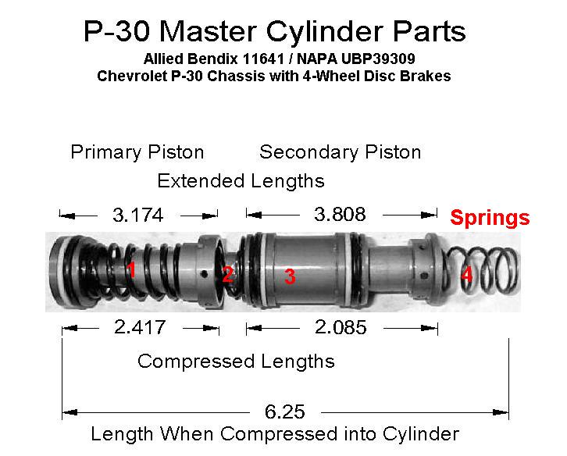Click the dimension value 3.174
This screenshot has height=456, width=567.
pyautogui.click(x=137, y=216)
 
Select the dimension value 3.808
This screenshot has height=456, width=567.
pyautogui.click(x=340, y=214)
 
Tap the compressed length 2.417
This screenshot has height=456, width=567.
pyautogui.click(x=140, y=327)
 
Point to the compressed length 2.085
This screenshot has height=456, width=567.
pyautogui.click(x=341, y=327)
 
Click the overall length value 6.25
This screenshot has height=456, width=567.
pyautogui.click(x=285, y=411)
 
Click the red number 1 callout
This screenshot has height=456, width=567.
pyautogui.click(x=131, y=269)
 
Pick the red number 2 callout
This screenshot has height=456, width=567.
pyautogui.click(x=227, y=275)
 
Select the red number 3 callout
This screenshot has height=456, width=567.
pyautogui.click(x=290, y=276)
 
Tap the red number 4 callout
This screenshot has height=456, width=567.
pyautogui.click(x=467, y=275)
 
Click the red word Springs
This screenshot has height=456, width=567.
pyautogui.click(x=490, y=218)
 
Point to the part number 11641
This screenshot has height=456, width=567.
pyautogui.click(x=263, y=59)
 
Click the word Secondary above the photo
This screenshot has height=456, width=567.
pyautogui.click(x=310, y=152)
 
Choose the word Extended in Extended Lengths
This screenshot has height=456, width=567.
pyautogui.click(x=201, y=180)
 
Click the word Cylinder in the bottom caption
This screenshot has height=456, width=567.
pyautogui.click(x=421, y=434)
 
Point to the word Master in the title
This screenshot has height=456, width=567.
pyautogui.click(x=209, y=31)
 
